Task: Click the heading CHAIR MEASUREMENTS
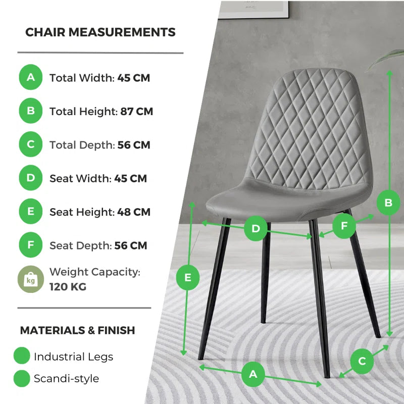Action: pos(100,32)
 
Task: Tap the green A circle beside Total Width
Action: pos(31,78)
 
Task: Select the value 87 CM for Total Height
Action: pos(136,111)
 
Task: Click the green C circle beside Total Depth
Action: pos(31,144)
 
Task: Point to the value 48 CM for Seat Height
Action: pos(134,212)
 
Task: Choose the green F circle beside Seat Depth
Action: pos(31,245)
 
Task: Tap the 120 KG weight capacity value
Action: pos(68,287)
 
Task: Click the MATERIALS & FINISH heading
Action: pos(77,330)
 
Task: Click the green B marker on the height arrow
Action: pos(388,203)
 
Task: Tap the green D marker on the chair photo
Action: pos(256,229)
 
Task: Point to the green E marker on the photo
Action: pos(188,277)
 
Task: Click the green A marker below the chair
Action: pos(253,374)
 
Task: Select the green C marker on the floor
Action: pos(362,361)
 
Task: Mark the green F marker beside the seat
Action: pos(344,226)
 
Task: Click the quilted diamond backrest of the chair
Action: pos(308,126)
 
